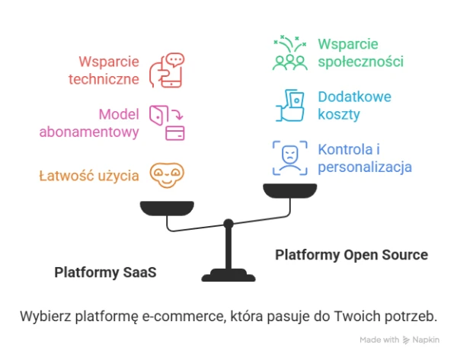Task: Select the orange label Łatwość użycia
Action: pos(88,176)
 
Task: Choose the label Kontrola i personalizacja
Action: pos(364,158)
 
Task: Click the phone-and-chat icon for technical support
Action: pos(166,69)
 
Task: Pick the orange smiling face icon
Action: pos(166,176)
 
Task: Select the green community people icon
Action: pos(289,53)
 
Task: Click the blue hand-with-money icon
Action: pos(290,106)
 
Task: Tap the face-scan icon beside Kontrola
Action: pos(290,158)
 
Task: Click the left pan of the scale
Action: pos(166,206)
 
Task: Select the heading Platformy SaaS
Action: pos(105,272)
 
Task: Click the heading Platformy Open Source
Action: pos(351,254)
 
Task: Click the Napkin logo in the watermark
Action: pos(407,339)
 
